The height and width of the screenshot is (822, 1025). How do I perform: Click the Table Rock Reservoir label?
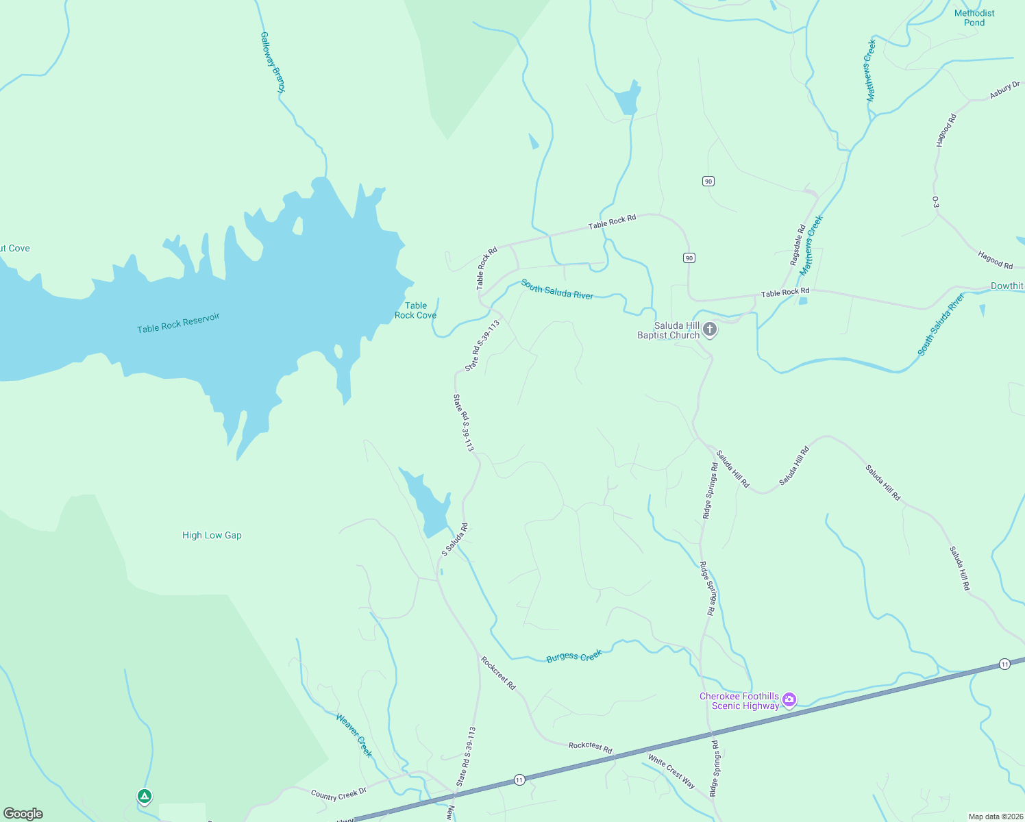[x=178, y=323]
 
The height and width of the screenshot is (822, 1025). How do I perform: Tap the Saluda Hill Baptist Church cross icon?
[x=711, y=330]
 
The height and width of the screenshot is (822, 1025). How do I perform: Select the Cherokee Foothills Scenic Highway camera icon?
[x=789, y=700]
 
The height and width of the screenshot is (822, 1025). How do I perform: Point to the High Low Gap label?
[x=212, y=535]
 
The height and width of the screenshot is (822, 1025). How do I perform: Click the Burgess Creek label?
[x=574, y=656]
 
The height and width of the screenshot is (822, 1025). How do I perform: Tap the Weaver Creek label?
[x=354, y=735]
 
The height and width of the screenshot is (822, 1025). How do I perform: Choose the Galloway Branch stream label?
[x=272, y=62]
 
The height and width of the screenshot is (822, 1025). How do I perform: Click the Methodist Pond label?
[x=974, y=18]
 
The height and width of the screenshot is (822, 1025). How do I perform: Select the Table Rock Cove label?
[x=415, y=310]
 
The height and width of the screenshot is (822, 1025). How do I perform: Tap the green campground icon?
[x=144, y=796]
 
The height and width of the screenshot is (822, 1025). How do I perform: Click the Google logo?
[x=23, y=814]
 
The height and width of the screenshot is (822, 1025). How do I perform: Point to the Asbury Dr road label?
[x=1004, y=90]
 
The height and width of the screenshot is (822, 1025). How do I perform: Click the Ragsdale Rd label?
[x=798, y=245]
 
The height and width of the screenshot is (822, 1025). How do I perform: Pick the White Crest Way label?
[x=671, y=771]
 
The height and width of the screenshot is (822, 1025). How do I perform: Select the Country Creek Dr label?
[x=338, y=794]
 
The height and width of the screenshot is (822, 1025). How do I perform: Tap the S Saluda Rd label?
[x=454, y=540]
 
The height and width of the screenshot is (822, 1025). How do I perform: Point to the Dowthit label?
[x=1007, y=286]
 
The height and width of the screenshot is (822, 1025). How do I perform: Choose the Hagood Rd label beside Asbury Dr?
[x=946, y=130]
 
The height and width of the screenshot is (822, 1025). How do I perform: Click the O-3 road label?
[x=935, y=202]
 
